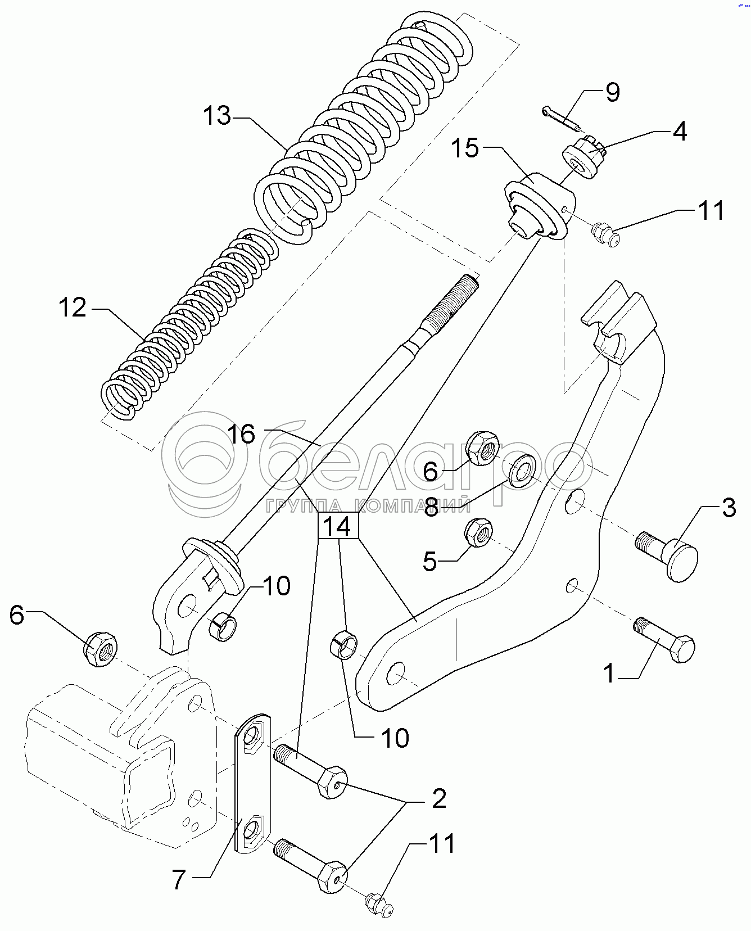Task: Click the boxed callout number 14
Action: click(x=338, y=526)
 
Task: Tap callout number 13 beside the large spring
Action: click(x=217, y=116)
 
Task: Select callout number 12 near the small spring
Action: click(x=73, y=308)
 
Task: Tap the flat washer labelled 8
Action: click(x=522, y=469)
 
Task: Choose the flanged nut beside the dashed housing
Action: click(x=101, y=649)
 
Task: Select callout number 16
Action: click(x=242, y=434)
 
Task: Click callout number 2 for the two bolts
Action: click(x=439, y=798)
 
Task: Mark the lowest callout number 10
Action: click(x=395, y=738)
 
